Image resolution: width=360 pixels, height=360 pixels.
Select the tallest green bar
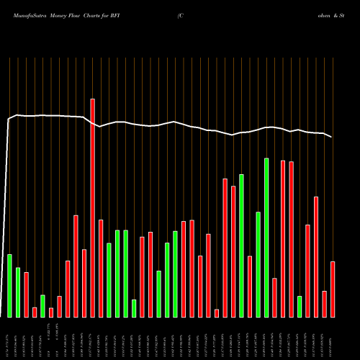coord(266,238)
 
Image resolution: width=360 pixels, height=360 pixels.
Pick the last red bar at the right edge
coord(333,289)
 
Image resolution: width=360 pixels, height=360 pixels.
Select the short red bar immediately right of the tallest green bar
coord(274,297)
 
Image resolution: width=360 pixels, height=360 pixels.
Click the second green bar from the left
coord(18,292)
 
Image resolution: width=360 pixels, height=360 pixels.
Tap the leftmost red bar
coord(26,294)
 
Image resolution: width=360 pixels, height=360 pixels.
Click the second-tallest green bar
coord(241,246)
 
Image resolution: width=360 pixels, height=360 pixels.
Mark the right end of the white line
coord(332,137)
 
